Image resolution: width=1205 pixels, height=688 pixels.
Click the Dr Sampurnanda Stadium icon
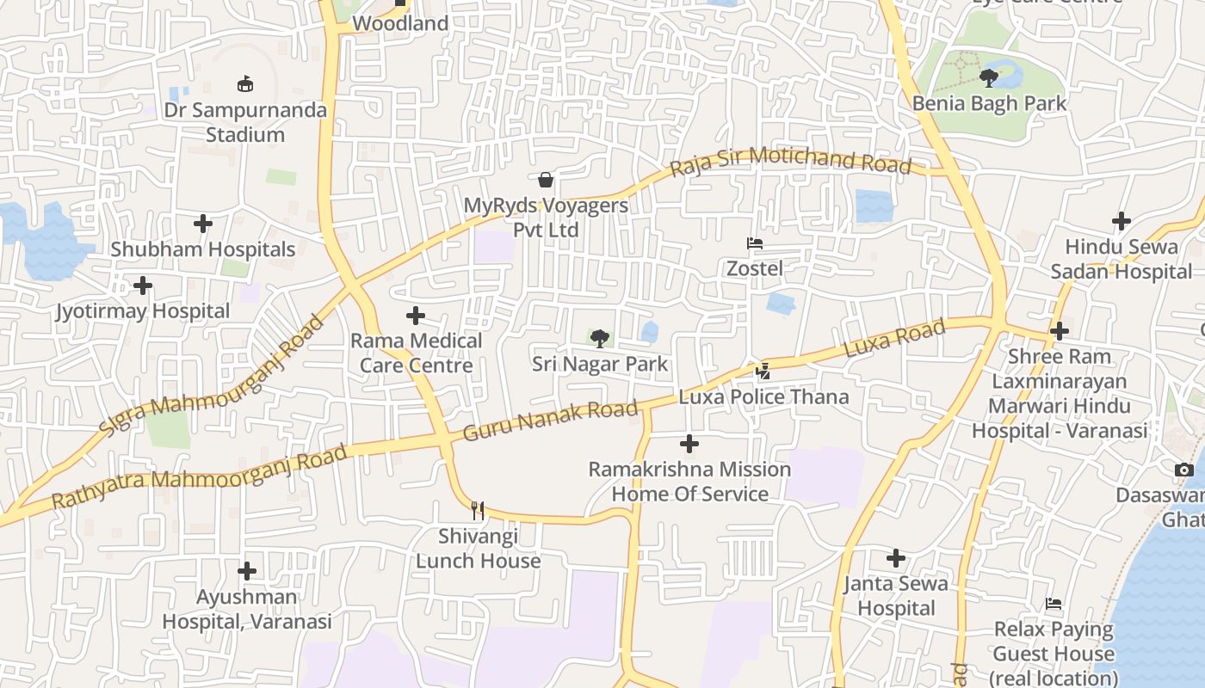[245, 83]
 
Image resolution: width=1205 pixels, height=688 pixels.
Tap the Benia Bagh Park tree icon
[989, 78]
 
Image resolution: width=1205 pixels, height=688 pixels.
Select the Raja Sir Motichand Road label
[790, 160]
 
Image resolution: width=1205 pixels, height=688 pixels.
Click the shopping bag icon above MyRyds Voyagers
[546, 180]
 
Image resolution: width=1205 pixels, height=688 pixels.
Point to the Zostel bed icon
[755, 243]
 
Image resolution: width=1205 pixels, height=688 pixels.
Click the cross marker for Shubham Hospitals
[203, 224]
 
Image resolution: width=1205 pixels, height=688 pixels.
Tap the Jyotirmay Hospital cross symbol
[143, 285]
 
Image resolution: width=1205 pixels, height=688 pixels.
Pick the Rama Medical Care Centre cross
[416, 316]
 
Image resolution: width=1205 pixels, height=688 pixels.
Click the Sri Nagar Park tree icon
[599, 338]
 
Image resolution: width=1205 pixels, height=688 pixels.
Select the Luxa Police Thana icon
[763, 372]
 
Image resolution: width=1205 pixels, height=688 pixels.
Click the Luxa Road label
[894, 338]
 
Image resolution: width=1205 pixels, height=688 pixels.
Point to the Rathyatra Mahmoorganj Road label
[200, 475]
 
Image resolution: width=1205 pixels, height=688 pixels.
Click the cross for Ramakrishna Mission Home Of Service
[689, 444]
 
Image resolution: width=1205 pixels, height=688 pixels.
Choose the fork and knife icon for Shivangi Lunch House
[478, 511]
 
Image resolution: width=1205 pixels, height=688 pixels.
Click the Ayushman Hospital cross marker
[247, 571]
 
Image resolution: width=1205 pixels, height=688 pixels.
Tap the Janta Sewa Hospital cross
[896, 558]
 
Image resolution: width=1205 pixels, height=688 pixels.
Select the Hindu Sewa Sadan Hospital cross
[1121, 221]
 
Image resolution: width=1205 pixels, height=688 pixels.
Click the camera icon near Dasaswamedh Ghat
[1184, 470]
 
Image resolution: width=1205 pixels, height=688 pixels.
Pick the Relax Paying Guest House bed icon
[1054, 604]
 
